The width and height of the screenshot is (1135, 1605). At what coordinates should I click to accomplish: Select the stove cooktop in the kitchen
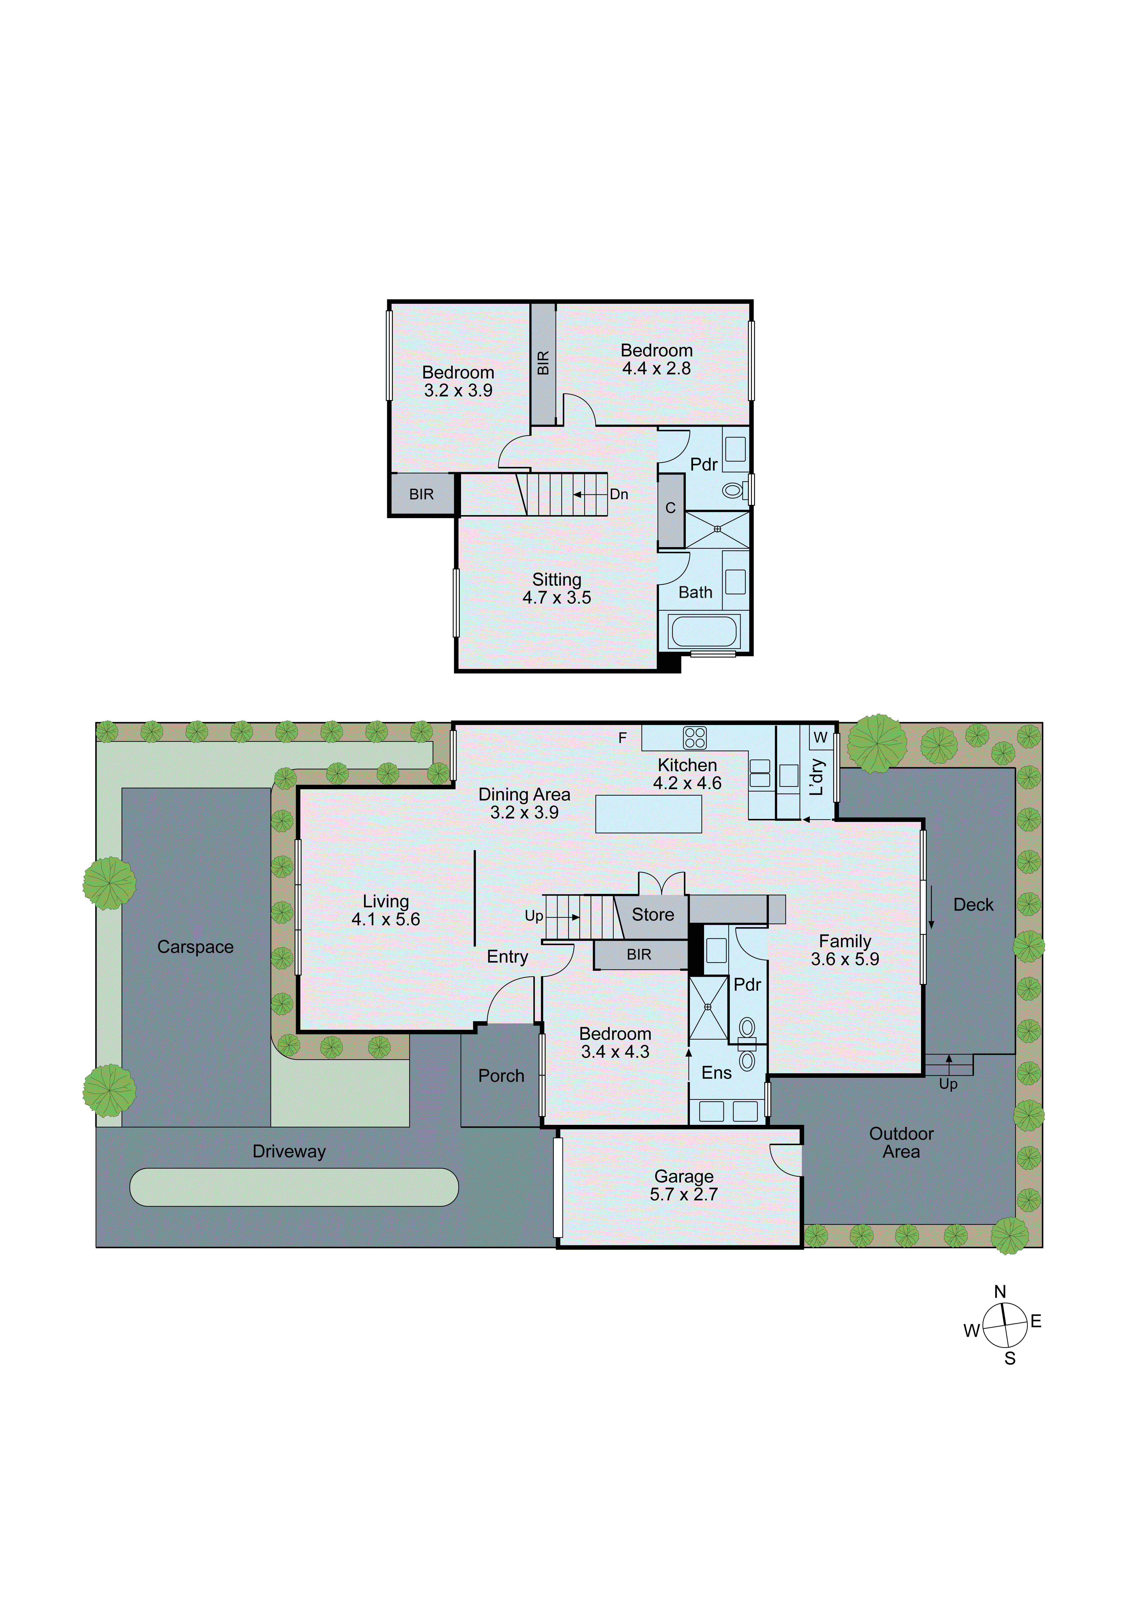(x=695, y=737)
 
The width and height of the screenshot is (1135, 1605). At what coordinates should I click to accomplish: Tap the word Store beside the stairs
(x=653, y=914)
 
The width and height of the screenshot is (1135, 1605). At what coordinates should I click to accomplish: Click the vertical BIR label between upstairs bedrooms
(x=543, y=363)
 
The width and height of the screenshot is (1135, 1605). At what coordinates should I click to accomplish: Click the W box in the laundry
(x=820, y=737)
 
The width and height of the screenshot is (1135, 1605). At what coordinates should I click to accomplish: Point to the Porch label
(x=501, y=1076)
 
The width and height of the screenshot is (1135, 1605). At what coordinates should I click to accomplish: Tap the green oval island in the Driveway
(x=294, y=1187)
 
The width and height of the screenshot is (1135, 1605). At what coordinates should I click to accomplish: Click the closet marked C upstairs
(x=670, y=508)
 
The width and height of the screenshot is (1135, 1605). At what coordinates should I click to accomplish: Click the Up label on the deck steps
(x=948, y=1084)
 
